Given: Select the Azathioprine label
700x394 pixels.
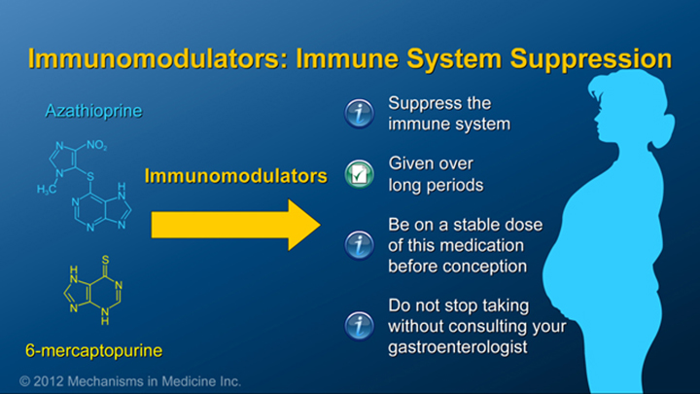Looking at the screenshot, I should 93,111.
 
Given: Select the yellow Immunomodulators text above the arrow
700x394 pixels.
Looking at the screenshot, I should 235,176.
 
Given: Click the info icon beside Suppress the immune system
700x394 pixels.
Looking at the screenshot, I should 360,115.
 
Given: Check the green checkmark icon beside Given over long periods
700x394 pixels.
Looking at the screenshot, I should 360,174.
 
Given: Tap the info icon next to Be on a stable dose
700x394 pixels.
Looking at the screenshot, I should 360,245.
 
